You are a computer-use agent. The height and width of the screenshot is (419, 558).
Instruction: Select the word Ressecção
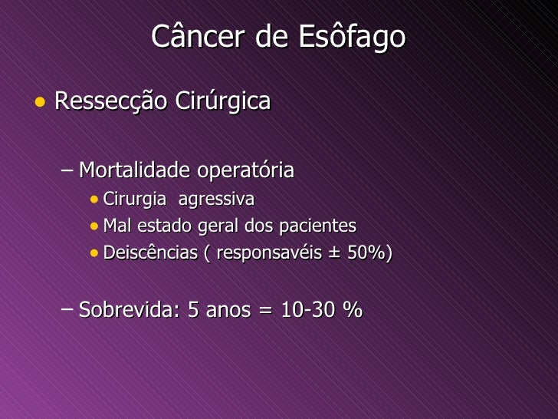click(x=110, y=101)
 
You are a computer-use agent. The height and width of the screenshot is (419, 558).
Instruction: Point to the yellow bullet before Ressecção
click(x=40, y=102)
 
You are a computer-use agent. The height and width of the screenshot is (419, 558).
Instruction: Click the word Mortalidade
click(x=134, y=170)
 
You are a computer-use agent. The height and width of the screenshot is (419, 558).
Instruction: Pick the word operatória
click(x=245, y=170)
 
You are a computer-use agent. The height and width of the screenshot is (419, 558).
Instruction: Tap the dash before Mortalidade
click(x=67, y=170)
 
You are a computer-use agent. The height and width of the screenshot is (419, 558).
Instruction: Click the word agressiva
click(x=216, y=200)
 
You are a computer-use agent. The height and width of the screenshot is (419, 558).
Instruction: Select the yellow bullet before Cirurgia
click(x=94, y=200)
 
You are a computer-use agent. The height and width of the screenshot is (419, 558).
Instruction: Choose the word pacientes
click(x=317, y=226)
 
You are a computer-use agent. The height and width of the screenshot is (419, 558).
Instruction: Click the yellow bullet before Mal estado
click(x=94, y=226)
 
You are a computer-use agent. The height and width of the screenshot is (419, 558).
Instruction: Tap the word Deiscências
click(x=150, y=252)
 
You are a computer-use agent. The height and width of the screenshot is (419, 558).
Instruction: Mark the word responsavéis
click(x=269, y=253)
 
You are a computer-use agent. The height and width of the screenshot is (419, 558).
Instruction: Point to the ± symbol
click(x=334, y=253)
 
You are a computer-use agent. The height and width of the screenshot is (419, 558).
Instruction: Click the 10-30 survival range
click(x=308, y=309)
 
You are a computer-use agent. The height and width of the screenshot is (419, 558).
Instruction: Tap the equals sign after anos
click(x=265, y=310)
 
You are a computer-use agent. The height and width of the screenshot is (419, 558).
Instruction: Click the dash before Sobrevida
click(x=67, y=309)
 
